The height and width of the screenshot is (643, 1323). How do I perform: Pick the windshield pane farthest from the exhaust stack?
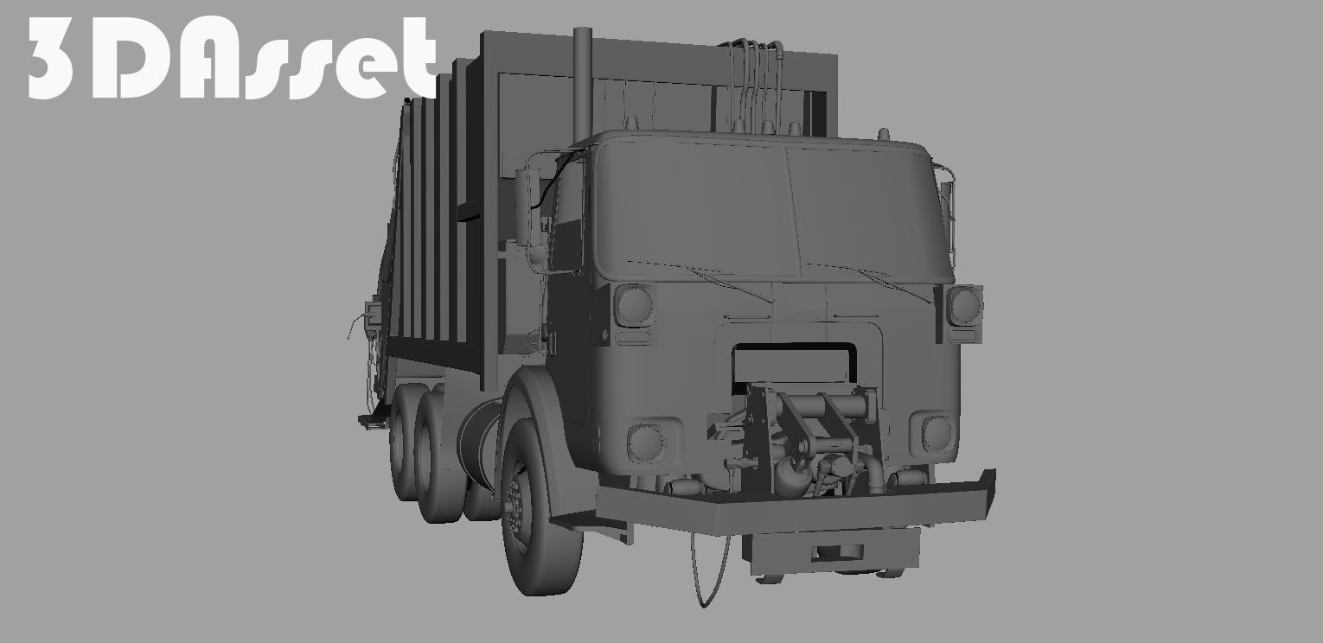865,212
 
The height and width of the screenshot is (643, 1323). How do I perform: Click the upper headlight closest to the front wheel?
635,306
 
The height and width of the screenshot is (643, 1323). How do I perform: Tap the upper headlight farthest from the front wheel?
963,305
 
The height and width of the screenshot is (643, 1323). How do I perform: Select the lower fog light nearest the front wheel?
646,442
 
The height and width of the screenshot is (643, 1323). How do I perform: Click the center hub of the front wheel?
516,506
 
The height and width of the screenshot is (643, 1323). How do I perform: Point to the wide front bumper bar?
796,510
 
